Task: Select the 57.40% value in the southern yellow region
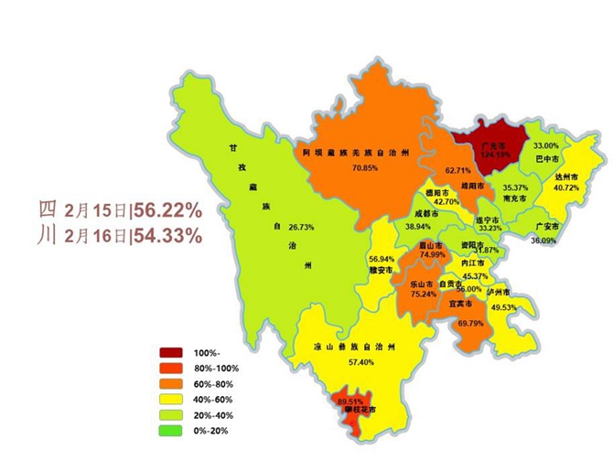[x=349, y=362]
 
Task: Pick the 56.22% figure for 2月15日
[x=168, y=209]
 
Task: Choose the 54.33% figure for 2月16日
[x=168, y=235]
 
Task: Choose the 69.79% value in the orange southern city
[x=471, y=323]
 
